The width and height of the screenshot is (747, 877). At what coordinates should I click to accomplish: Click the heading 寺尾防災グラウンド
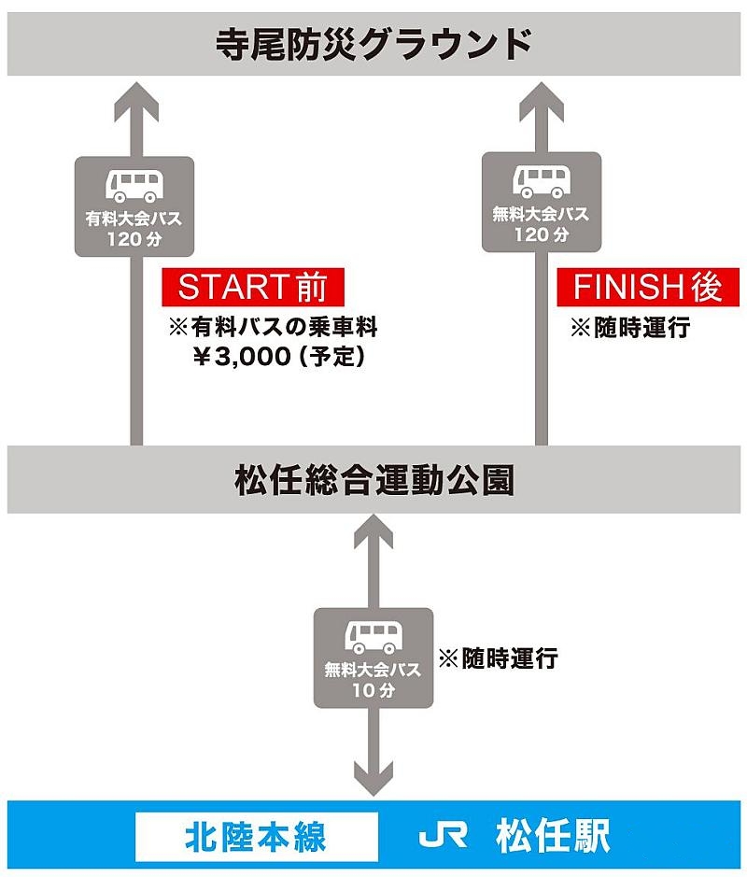[x=373, y=43]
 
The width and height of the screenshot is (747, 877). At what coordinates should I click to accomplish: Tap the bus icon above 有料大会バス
[x=134, y=185]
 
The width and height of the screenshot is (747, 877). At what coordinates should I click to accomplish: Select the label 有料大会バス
[x=134, y=220]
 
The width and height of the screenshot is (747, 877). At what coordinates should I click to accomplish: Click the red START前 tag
[x=252, y=288]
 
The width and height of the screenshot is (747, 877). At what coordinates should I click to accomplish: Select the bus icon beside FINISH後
[x=541, y=180]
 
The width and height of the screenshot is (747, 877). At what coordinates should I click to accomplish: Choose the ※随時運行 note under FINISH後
[x=630, y=328]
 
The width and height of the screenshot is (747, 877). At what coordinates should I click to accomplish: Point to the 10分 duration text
[x=373, y=691]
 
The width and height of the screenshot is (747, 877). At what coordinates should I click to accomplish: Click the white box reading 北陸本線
[x=256, y=836]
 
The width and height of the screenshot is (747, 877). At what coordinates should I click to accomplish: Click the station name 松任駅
[x=553, y=836]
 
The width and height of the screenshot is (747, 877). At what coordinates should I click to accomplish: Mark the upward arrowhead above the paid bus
[x=135, y=98]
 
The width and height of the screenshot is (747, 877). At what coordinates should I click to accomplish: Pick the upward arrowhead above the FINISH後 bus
[x=541, y=98]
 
